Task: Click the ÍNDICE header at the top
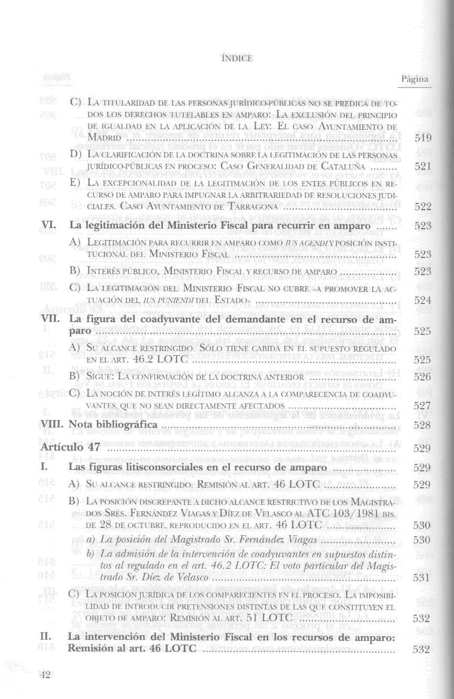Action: point(227,58)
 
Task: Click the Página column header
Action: point(415,80)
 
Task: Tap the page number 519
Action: point(422,139)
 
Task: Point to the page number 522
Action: point(422,207)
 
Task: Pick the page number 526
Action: point(422,377)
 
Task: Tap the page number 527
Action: point(422,405)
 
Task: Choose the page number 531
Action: point(422,578)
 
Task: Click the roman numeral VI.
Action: point(48,226)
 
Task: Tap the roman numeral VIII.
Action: point(52,425)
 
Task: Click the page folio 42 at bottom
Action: point(45,675)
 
